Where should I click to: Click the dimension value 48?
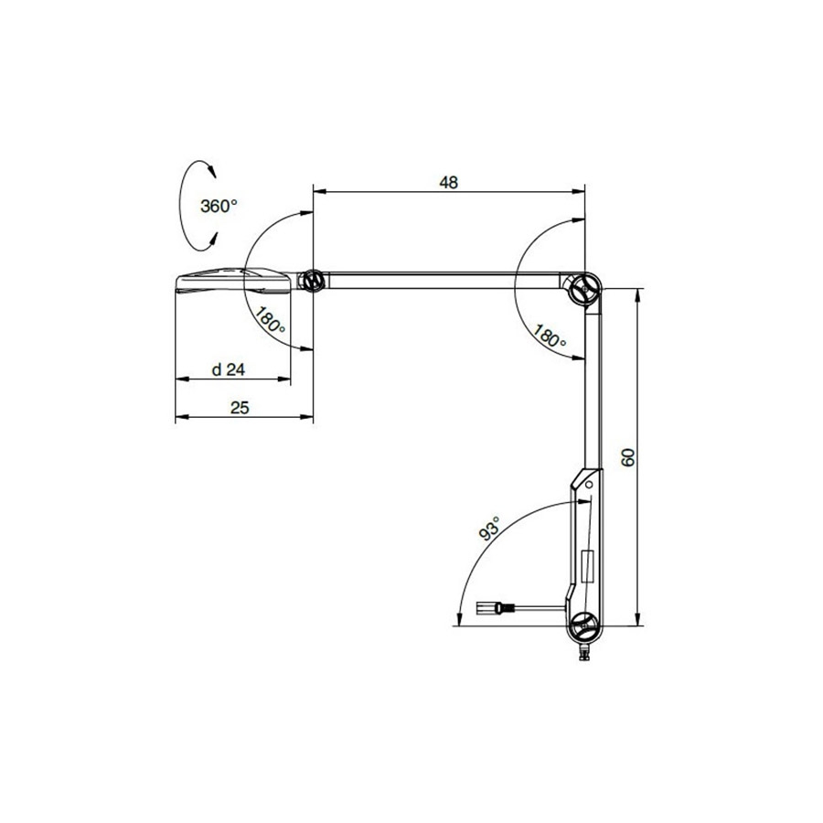pos(448,182)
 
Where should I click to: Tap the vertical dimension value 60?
pos(627,457)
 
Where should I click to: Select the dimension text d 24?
pos(229,369)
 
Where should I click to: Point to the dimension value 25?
pos(240,408)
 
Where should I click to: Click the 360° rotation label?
pos(219,207)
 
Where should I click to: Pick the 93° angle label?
pos(489,528)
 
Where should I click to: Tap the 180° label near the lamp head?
pos(271,321)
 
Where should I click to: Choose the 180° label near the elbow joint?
pos(550,336)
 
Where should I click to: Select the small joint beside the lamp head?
pos(314,281)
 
